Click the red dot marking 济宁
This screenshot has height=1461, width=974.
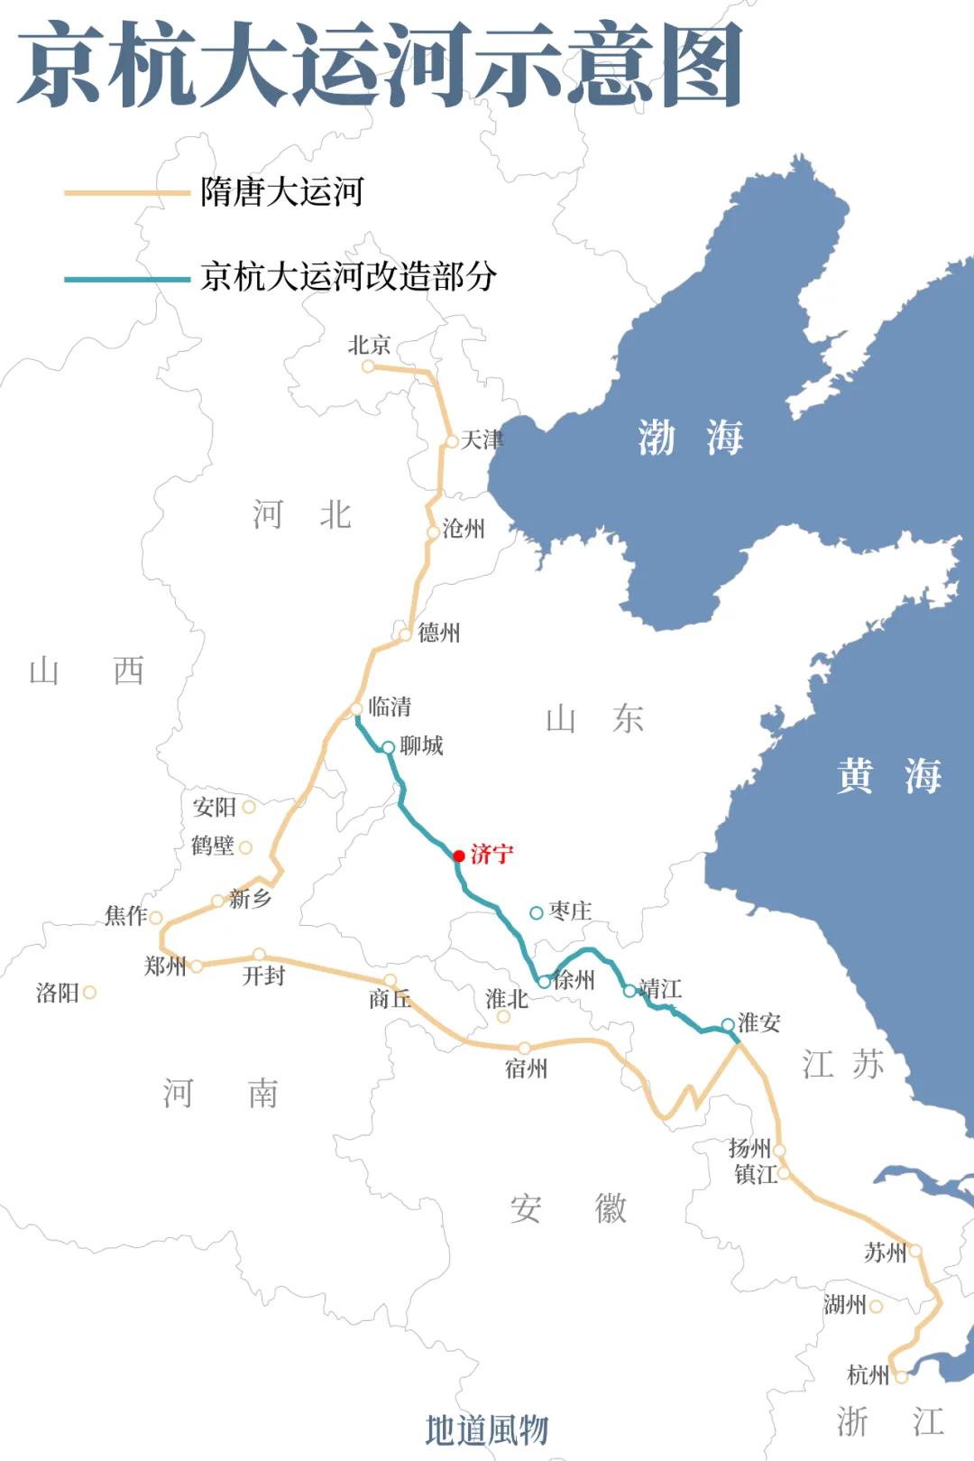tap(459, 855)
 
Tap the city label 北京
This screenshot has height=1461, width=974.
tap(369, 345)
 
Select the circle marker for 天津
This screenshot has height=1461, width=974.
tap(452, 441)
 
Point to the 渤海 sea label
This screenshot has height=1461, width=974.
tap(691, 438)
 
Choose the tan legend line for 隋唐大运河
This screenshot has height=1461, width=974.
tap(126, 192)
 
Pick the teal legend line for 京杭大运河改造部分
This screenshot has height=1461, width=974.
tap(126, 279)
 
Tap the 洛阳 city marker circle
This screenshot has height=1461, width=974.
tap(89, 993)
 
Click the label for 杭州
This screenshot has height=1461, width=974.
tap(868, 1375)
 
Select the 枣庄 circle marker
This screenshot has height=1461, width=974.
tap(537, 912)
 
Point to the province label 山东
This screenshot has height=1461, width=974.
tap(594, 719)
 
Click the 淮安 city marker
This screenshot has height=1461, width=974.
tap(728, 1024)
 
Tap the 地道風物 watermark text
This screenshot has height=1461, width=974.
tap(487, 1429)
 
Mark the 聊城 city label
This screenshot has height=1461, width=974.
tap(421, 745)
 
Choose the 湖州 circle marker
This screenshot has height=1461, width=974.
tap(876, 1306)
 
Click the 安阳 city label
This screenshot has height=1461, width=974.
tap(214, 807)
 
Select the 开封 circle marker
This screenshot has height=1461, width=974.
tap(259, 954)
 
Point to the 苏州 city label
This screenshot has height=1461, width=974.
tap(885, 1253)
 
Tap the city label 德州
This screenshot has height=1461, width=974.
tap(438, 633)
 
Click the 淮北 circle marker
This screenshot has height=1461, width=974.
tap(504, 1017)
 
